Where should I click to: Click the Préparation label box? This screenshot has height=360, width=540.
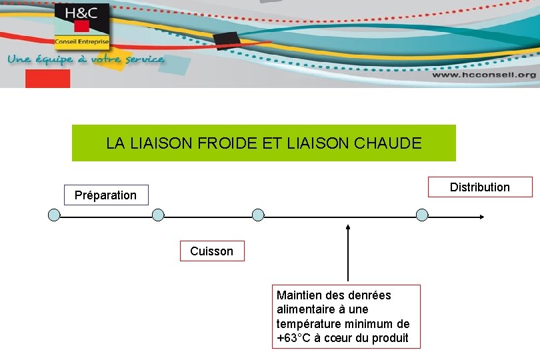pos(106,195)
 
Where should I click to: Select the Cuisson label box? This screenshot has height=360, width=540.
pos(212,251)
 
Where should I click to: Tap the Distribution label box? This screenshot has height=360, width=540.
pos(480,187)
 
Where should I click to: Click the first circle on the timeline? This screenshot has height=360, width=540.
pos(55,215)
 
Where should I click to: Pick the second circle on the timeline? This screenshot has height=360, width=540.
pos(158,215)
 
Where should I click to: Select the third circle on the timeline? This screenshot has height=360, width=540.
pos(258,215)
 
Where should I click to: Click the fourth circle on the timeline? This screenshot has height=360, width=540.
pos(422,215)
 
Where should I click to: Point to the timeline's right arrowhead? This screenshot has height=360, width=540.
pos(481,216)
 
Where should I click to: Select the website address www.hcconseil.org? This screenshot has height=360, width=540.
pos(483,75)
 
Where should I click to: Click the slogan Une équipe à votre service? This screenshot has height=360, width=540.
pos(85,59)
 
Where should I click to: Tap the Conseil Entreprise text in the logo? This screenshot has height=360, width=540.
pos(82,41)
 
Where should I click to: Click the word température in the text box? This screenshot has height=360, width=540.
pos(308,324)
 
